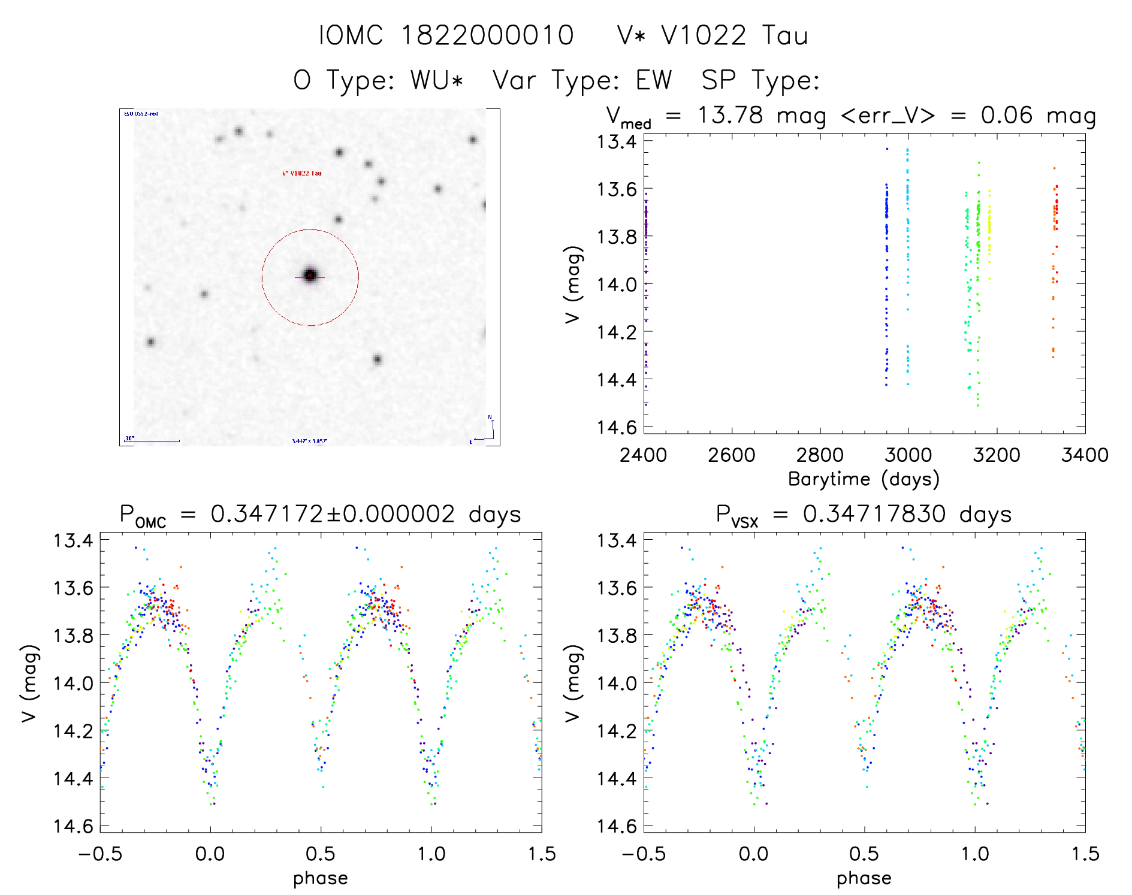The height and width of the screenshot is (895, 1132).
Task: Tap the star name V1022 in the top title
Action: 704,35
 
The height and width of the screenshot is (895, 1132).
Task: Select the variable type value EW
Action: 654,80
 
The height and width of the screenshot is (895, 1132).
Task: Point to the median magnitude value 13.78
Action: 730,115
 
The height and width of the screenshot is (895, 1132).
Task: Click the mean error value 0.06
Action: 1006,115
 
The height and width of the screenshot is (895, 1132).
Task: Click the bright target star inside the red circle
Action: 310,276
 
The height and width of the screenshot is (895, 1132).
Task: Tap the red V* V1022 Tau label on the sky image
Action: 301,173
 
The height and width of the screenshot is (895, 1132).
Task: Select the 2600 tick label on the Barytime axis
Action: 731,455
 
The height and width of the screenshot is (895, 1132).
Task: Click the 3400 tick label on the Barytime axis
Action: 1085,455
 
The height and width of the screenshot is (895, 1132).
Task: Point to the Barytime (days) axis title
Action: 864,479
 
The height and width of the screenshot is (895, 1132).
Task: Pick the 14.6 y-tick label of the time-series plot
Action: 617,427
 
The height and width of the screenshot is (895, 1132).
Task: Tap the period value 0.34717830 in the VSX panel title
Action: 874,514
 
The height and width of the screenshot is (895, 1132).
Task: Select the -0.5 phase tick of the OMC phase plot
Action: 100,854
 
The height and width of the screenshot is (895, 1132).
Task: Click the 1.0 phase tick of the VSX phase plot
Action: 975,854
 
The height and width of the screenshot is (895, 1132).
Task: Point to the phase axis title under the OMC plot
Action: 321,878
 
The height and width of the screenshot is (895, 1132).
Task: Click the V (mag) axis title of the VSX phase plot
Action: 573,683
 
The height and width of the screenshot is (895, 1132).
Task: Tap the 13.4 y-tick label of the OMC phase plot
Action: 73,540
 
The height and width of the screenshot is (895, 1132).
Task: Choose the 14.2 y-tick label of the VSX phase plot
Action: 617,731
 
